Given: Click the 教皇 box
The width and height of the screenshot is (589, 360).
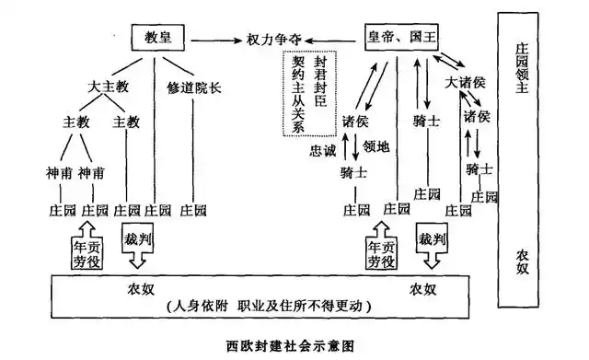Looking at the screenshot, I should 158,39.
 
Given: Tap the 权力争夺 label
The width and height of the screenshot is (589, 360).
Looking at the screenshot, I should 273,40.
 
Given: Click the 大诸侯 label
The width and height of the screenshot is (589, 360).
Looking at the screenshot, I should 464,83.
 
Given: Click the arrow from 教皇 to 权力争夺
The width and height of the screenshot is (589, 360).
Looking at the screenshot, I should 214,40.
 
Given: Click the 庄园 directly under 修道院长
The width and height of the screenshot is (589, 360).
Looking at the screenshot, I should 193,209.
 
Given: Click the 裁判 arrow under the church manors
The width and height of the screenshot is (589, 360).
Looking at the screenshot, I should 139,241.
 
